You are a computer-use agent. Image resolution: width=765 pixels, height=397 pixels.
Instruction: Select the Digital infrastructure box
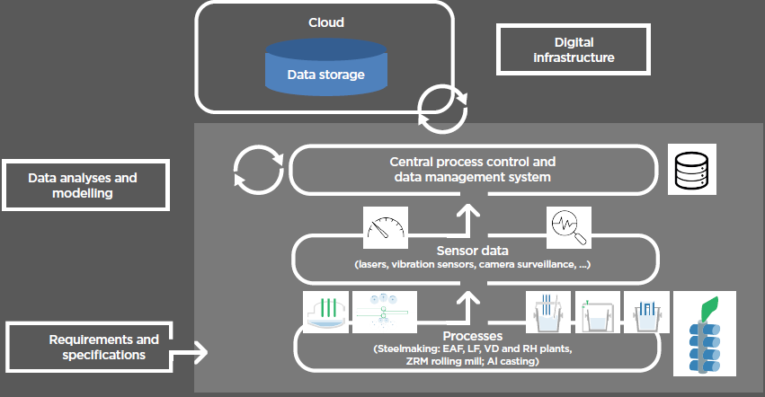click(574, 49)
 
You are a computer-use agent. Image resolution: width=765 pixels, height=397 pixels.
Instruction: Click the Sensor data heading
click(473, 250)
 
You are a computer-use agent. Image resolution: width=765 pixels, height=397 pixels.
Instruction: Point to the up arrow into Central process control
click(467, 213)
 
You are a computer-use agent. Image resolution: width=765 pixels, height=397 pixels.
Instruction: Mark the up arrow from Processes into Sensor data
click(467, 296)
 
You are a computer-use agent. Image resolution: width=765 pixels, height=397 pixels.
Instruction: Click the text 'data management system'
click(473, 178)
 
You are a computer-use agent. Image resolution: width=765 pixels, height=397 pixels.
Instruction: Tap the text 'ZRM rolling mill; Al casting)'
click(473, 360)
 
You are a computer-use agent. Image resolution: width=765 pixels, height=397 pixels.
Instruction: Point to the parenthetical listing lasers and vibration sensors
click(473, 265)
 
